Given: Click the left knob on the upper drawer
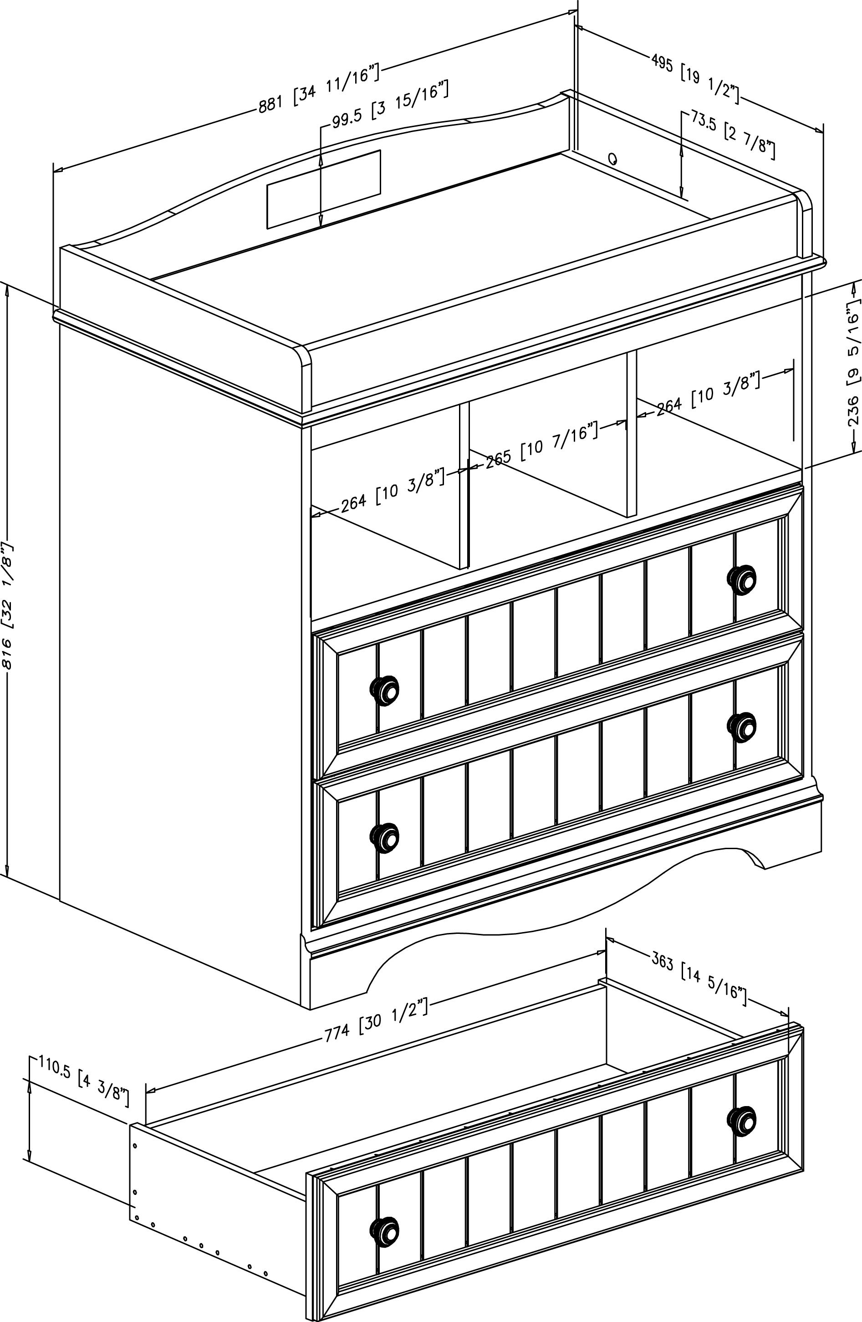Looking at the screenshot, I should pyautogui.click(x=384, y=691).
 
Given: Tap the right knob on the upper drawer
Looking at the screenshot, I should pyautogui.click(x=741, y=579).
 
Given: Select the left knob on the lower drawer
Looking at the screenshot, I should pyautogui.click(x=384, y=838).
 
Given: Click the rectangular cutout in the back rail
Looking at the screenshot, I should pyautogui.click(x=324, y=189).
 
